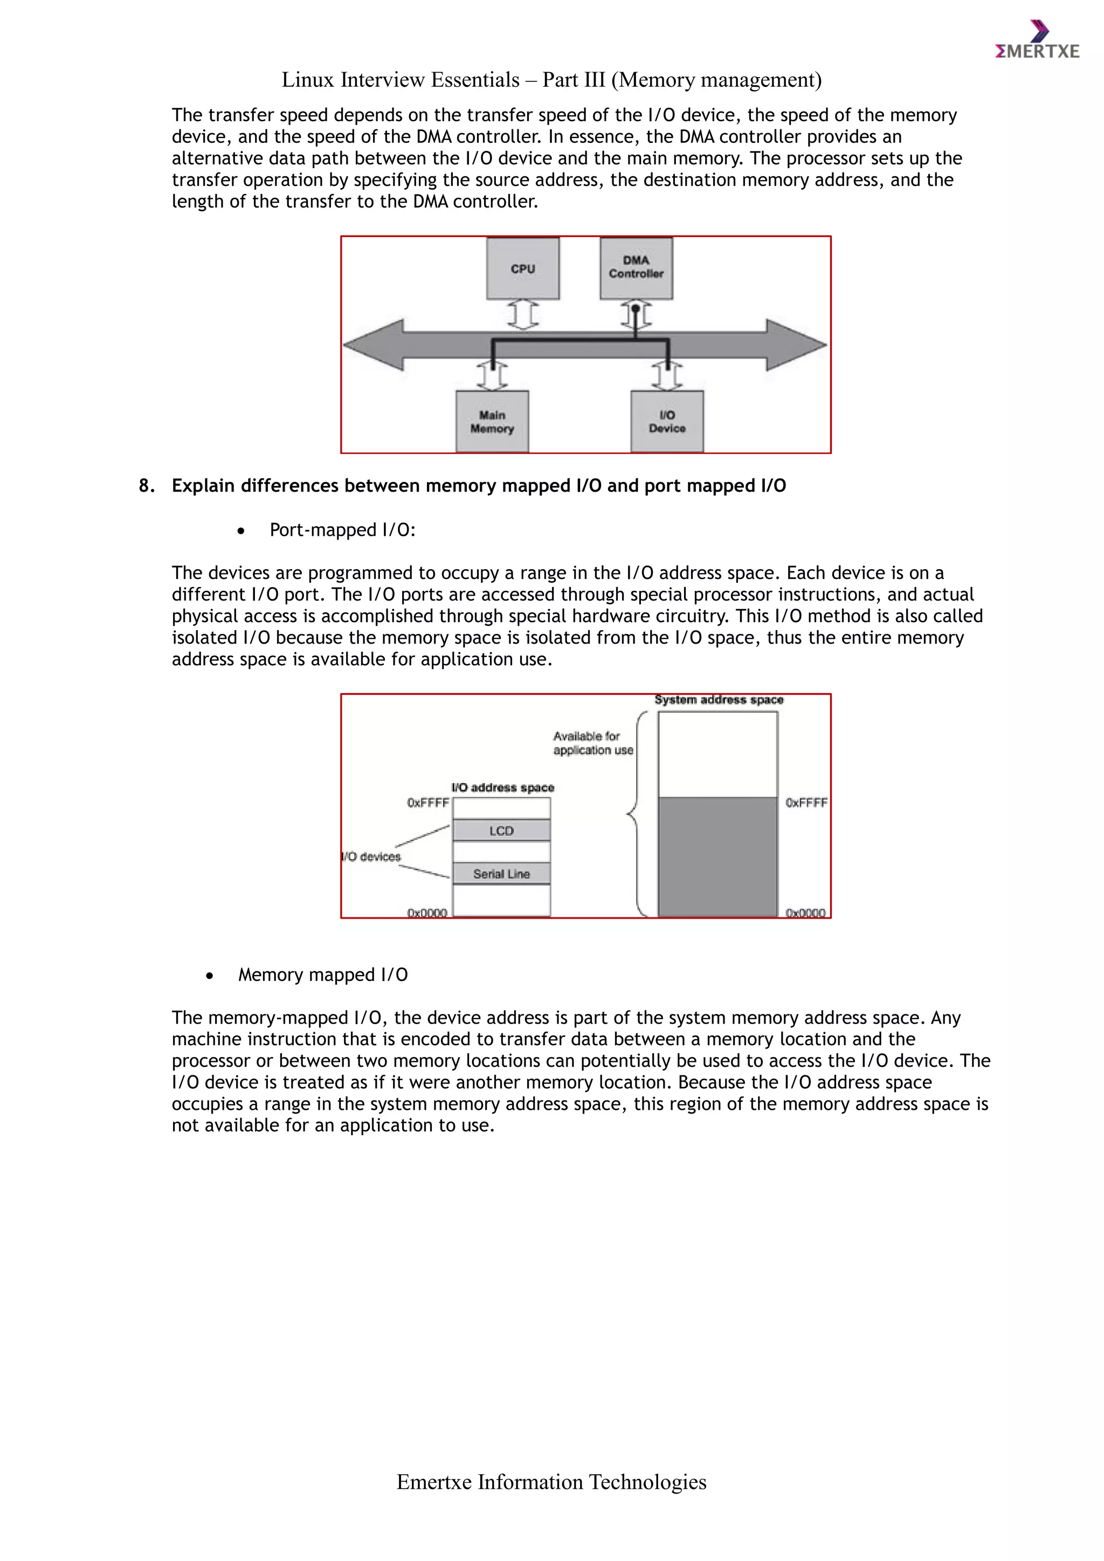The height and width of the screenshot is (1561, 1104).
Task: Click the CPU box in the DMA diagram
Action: (523, 268)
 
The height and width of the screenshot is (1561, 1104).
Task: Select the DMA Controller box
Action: (636, 268)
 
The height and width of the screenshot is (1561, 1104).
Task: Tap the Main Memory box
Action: (492, 422)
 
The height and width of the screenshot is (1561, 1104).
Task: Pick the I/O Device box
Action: (667, 422)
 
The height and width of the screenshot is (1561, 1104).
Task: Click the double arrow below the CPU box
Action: (523, 315)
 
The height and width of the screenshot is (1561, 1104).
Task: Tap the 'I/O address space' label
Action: (503, 788)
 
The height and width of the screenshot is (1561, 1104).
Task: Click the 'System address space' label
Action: (719, 700)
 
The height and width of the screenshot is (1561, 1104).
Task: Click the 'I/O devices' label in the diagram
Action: (372, 857)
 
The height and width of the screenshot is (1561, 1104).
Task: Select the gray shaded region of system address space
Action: (717, 857)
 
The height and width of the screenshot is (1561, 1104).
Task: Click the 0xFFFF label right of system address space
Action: (806, 803)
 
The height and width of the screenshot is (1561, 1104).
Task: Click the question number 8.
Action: (146, 486)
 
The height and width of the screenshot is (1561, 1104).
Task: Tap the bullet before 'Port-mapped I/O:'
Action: (240, 531)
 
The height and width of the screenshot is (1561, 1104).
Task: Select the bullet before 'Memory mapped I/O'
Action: (209, 976)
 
